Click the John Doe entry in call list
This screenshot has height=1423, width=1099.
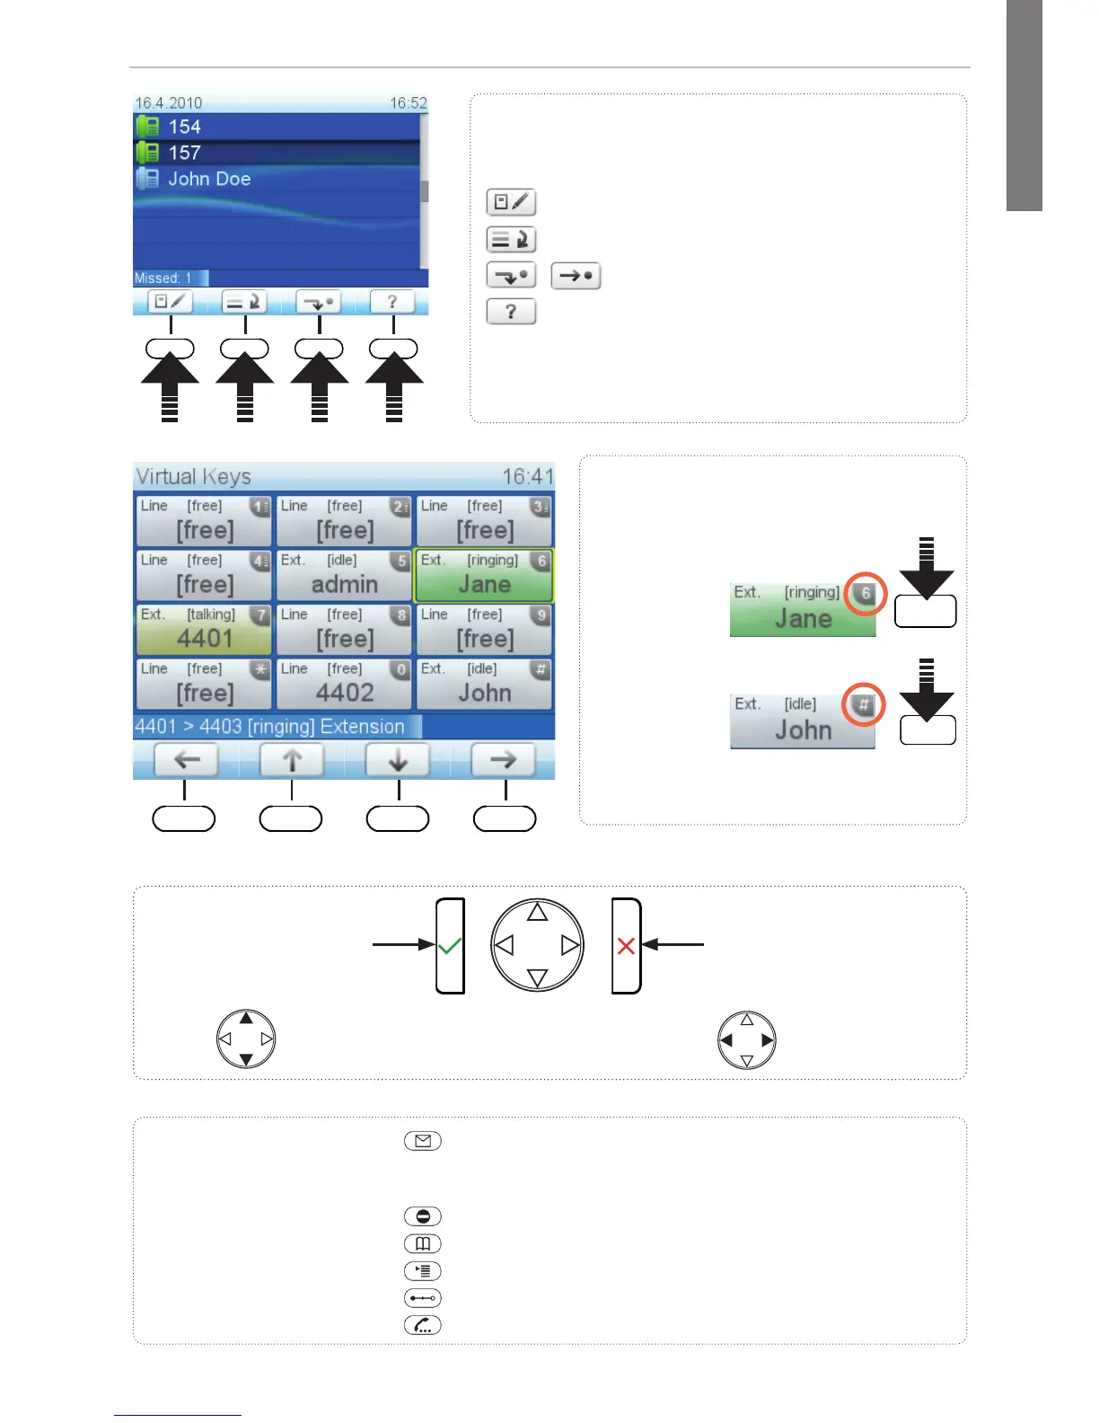[208, 179]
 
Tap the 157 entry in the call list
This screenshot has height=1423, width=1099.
[184, 153]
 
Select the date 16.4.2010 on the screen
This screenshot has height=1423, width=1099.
[168, 103]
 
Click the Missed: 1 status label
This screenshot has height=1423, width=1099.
[163, 278]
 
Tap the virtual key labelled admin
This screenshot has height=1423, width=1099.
[344, 576]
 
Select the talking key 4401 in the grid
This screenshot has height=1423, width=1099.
[204, 630]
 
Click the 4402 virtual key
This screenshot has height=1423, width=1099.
[344, 685]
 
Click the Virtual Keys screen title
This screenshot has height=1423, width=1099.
[193, 476]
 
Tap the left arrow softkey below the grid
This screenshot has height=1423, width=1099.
[186, 760]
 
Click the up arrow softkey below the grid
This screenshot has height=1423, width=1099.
[292, 760]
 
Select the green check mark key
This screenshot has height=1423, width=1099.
[450, 946]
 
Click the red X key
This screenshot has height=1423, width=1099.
[626, 946]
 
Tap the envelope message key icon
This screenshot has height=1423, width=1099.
[423, 1141]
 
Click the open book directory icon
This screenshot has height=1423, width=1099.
[423, 1243]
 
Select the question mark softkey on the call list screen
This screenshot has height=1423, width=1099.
[392, 302]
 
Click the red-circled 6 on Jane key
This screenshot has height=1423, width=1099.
[866, 593]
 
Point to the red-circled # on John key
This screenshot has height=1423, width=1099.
[864, 704]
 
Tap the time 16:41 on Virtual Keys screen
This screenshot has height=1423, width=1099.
[528, 476]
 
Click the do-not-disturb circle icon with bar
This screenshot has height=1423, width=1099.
[423, 1216]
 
